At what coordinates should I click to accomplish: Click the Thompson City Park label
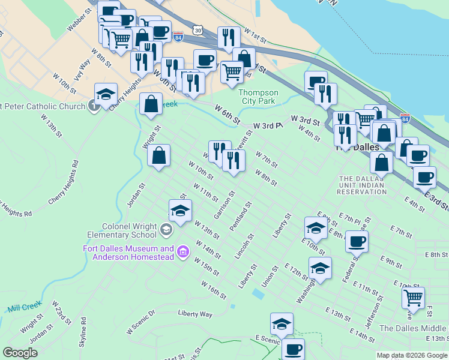(x=259, y=97)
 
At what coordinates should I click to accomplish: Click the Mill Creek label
(x=22, y=308)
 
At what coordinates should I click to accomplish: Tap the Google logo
(x=20, y=353)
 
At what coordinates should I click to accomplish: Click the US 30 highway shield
(x=198, y=29)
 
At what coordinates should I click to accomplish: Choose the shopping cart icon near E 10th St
(x=413, y=297)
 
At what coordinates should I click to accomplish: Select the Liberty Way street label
(x=195, y=313)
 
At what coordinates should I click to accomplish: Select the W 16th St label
(x=214, y=290)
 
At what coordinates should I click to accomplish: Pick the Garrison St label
(x=223, y=205)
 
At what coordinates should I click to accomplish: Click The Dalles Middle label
(x=414, y=328)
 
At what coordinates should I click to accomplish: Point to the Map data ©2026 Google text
(x=412, y=355)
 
